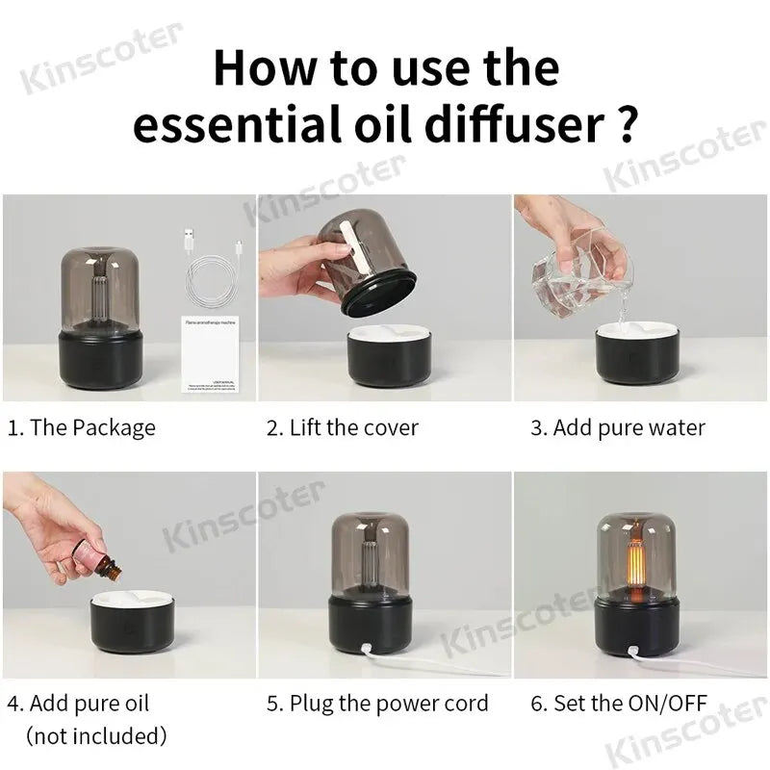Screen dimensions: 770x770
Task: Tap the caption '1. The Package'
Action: pos(81,427)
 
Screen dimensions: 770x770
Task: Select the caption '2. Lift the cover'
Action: pos(343,427)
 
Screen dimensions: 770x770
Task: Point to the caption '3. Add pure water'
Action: pos(618,427)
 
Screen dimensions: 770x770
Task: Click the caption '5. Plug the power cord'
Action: pos(377,704)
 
